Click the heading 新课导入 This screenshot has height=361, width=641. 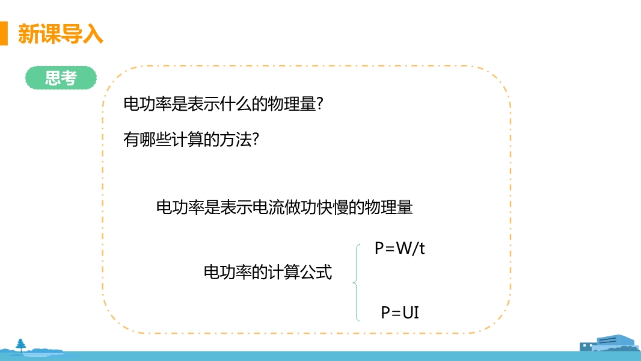(x=60, y=34)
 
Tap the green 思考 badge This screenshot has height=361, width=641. (x=61, y=78)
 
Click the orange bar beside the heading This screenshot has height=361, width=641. (x=4, y=33)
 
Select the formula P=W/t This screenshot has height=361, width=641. (x=399, y=248)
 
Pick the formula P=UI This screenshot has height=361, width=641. (x=400, y=312)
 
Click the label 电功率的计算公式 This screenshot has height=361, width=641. (x=268, y=272)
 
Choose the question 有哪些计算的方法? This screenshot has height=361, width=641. (x=191, y=139)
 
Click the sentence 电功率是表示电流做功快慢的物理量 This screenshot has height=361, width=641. (x=284, y=208)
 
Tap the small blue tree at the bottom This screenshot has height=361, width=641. (x=22, y=345)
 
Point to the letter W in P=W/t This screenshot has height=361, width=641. (x=402, y=248)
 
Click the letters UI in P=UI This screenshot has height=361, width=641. (x=411, y=312)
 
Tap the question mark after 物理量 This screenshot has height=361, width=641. (x=321, y=104)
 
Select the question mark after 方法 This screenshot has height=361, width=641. (x=256, y=139)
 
